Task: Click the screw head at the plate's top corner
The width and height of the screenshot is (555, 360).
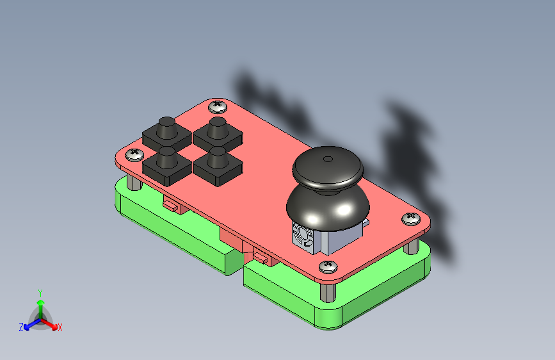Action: click(218, 106)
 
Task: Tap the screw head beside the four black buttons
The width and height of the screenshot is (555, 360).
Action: click(135, 154)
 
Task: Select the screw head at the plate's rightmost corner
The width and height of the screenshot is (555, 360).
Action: click(411, 218)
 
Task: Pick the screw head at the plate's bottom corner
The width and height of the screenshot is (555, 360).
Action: click(328, 266)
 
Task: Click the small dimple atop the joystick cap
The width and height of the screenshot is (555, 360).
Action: click(328, 159)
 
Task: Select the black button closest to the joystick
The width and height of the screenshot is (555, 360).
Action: click(218, 166)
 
